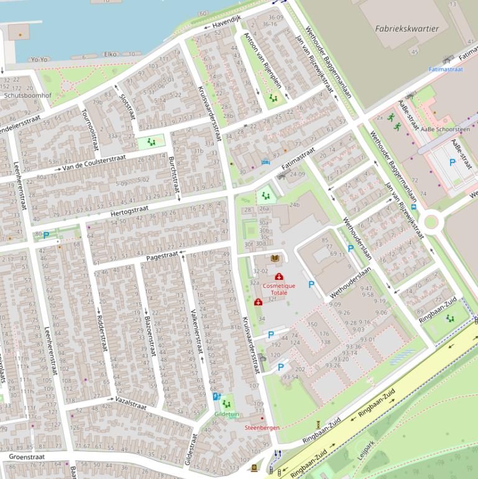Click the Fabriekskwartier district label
point(407,29)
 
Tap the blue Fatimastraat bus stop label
point(446,70)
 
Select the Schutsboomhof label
point(27,96)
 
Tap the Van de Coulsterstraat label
point(94,163)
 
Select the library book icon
point(275,258)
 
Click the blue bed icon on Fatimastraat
point(266,162)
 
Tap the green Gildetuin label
point(226,413)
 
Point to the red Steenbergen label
point(262,427)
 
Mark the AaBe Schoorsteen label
point(445,129)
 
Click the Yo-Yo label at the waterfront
point(39,59)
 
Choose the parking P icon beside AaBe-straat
point(452,162)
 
